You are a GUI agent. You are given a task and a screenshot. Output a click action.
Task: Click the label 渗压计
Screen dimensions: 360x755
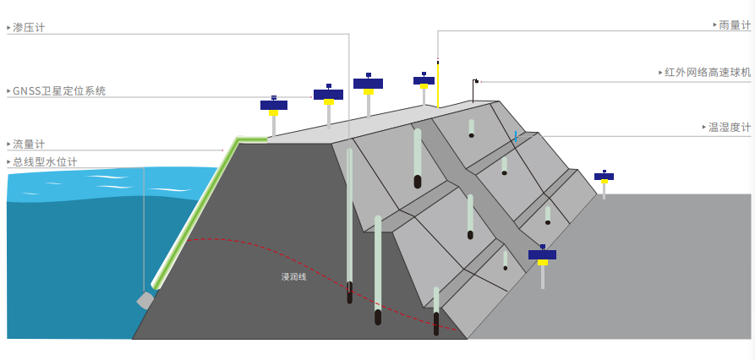(29, 28)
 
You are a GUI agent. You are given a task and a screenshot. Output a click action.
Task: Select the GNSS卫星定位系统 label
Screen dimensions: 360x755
(59, 90)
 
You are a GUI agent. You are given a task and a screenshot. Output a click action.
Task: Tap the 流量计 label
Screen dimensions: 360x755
(29, 145)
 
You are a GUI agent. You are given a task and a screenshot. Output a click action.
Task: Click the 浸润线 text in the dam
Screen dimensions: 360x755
(293, 276)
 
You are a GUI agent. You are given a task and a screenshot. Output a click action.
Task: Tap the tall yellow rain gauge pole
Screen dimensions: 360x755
(438, 85)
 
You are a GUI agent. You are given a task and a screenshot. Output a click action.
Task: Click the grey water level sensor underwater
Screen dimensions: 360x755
(145, 300)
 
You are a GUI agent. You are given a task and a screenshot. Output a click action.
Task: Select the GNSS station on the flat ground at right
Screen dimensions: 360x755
(604, 177)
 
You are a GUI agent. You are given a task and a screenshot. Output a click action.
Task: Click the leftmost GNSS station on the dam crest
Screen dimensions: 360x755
(273, 106)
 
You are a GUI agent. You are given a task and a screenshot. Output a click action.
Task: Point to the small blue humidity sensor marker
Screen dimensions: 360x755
(515, 135)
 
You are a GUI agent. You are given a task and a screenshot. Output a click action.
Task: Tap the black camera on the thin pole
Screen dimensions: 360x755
(476, 81)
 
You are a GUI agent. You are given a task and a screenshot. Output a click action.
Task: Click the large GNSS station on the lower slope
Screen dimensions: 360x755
(542, 255)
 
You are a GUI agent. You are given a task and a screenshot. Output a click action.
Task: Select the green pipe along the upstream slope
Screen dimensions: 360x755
(194, 211)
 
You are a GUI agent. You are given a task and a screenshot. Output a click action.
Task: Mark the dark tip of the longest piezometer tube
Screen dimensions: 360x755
(350, 296)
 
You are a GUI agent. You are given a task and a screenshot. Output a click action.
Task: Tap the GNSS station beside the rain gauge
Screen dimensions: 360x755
(424, 82)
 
